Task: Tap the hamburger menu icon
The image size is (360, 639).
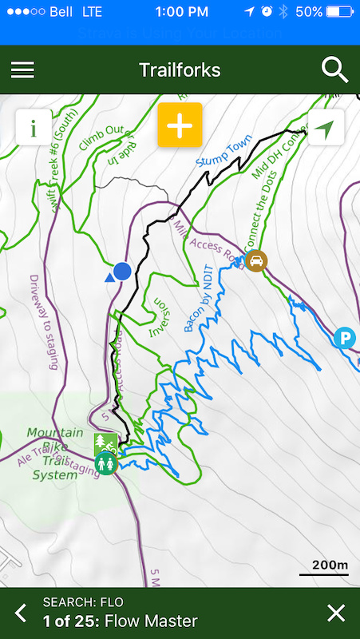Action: coord(22,69)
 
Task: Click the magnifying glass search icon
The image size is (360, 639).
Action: coord(335,69)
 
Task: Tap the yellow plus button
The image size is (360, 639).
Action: coord(180,125)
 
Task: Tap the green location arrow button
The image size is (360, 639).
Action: coord(324,128)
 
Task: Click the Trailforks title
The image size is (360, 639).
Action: coord(180,69)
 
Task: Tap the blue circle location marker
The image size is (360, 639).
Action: coord(122,272)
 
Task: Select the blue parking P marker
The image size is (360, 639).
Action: coord(345,337)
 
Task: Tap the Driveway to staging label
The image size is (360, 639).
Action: coord(45,323)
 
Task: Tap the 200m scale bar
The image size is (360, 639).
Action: coord(324,569)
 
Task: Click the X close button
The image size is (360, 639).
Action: coord(336,613)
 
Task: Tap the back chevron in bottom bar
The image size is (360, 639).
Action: coord(21,613)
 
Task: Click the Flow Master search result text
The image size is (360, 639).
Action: coord(151,621)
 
